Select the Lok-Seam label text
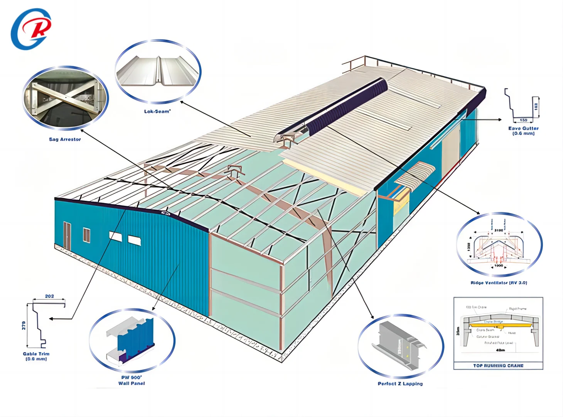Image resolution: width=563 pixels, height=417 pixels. point(157,112)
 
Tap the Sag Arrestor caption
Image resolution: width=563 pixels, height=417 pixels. point(65,139)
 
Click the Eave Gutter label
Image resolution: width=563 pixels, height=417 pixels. point(523,131)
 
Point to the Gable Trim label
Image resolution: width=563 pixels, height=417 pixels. point(36,356)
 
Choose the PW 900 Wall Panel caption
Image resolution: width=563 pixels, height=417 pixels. point(131,380)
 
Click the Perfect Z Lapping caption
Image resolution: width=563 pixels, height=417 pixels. point(400,384)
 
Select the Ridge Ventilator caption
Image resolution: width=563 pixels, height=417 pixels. point(499,283)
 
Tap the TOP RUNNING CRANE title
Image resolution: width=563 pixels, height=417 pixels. point(498,366)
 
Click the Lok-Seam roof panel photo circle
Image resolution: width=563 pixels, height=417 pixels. point(158,71)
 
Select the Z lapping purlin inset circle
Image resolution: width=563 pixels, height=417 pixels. point(401,346)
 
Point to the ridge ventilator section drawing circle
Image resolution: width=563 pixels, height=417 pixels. point(499,244)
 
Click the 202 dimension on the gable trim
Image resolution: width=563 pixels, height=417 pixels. point(49,297)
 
